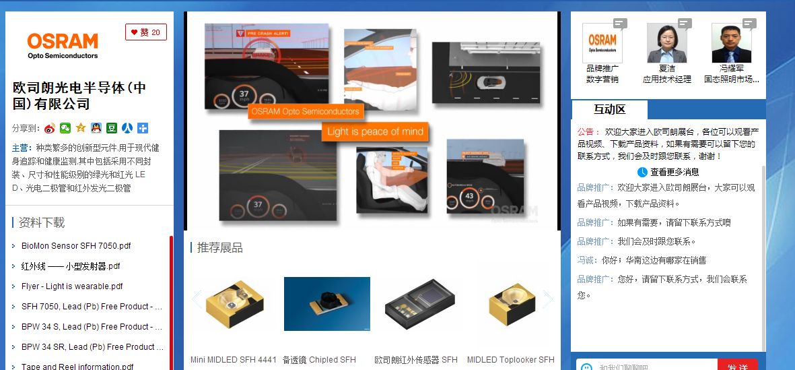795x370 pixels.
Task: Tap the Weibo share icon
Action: tap(50, 128)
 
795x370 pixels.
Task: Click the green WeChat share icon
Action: tap(65, 128)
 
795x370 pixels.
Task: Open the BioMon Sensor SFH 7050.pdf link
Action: tap(76, 246)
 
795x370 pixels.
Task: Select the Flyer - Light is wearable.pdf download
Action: tap(72, 286)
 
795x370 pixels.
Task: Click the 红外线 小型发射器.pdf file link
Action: tap(71, 266)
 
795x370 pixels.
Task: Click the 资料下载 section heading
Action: tap(42, 223)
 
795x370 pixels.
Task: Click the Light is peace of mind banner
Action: tap(375, 131)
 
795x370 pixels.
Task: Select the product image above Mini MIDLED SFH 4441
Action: tap(233, 304)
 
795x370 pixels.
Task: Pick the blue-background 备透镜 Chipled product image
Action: tap(327, 304)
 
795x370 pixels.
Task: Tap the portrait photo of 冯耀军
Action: tap(731, 43)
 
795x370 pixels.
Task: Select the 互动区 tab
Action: tap(609, 110)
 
